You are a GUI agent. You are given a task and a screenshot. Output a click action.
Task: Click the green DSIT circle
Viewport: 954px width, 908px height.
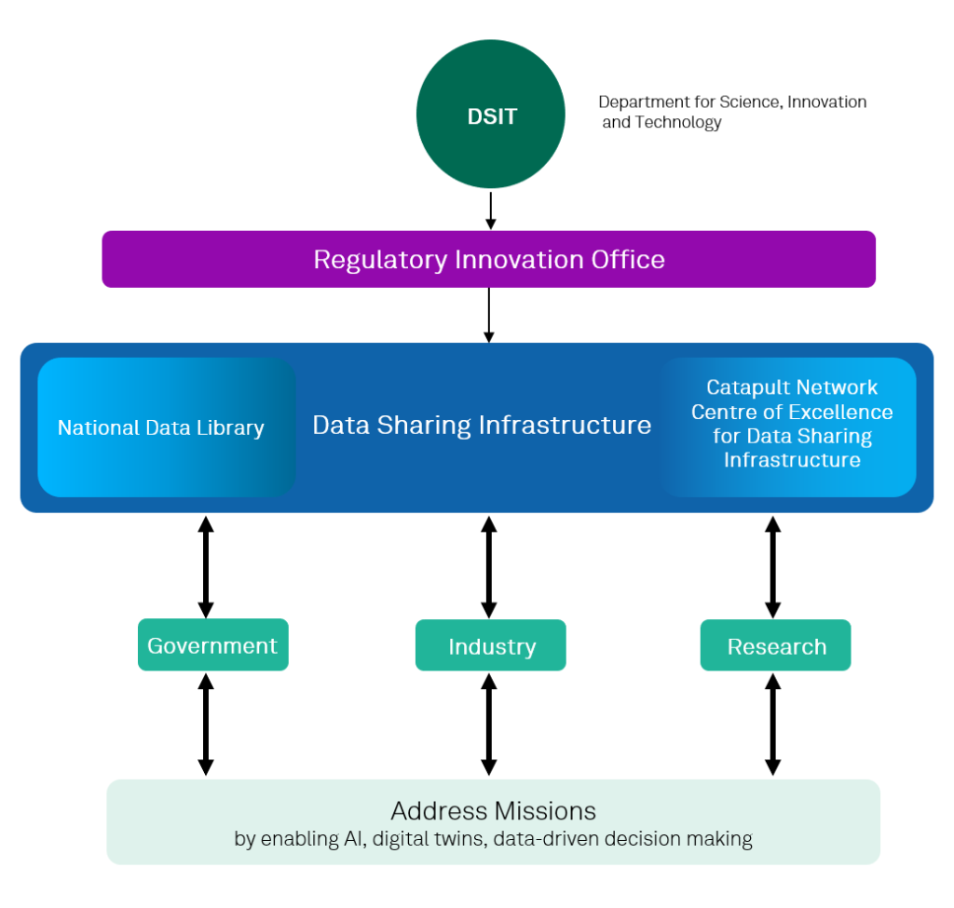click(490, 117)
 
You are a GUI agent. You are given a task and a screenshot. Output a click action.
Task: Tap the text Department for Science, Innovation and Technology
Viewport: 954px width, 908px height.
click(731, 112)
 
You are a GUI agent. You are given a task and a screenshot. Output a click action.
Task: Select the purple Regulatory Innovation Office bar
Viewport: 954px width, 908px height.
click(488, 259)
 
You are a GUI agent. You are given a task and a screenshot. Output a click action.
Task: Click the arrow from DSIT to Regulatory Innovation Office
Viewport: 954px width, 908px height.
click(490, 210)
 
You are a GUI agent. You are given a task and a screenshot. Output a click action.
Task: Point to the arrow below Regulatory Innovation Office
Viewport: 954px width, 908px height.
click(488, 315)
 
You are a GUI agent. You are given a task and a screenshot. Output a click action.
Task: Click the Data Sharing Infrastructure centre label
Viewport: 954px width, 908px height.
click(482, 426)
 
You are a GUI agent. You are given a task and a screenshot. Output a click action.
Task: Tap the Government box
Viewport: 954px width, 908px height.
click(212, 644)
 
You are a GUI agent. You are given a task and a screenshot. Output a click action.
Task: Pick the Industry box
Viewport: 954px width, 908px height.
click(490, 645)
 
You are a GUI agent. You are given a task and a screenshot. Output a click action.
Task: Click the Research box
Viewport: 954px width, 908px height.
click(775, 645)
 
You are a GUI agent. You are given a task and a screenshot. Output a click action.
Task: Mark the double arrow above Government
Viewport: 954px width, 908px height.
click(206, 566)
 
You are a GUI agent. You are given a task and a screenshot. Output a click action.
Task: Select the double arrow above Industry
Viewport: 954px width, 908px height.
click(488, 566)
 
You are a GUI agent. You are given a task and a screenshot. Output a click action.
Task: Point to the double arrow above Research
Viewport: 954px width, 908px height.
click(772, 566)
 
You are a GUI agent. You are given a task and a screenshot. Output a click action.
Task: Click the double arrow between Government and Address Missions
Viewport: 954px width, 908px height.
click(206, 725)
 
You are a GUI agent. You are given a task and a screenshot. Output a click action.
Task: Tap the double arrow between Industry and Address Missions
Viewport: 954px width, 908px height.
click(488, 725)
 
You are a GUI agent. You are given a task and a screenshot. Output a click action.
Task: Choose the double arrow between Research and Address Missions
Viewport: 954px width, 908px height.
click(772, 725)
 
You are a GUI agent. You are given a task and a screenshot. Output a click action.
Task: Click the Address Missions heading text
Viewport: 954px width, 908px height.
click(493, 809)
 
